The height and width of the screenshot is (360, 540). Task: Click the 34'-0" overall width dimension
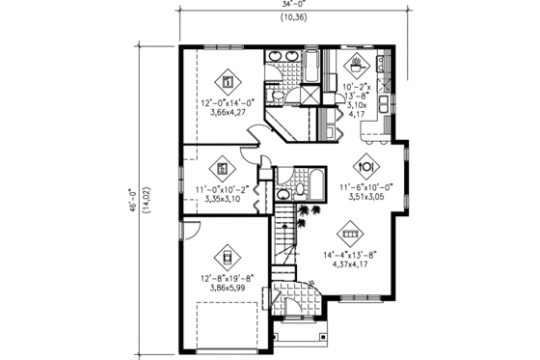(288, 5)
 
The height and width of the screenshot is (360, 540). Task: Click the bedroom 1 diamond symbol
(229, 80)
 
